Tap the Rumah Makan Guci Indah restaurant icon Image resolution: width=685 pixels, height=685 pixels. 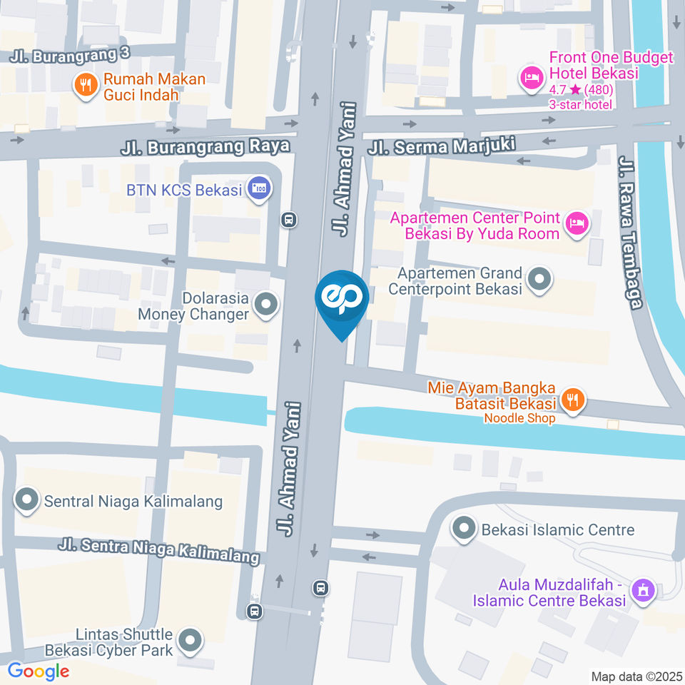coord(86,86)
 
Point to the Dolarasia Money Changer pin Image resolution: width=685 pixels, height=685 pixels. coord(266,305)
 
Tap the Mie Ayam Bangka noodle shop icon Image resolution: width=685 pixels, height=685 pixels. coord(572,400)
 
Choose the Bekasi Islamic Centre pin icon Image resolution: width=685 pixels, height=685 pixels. coord(464,529)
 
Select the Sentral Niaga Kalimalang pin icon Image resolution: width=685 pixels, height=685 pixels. coord(27,501)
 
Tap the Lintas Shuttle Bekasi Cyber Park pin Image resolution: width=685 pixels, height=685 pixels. coord(190,641)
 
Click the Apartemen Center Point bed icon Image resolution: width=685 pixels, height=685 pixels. coord(576,225)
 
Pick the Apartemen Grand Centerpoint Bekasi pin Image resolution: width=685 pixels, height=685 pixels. coord(539,280)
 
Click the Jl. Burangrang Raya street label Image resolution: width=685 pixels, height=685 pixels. coord(205,147)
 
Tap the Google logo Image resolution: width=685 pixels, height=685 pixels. coord(38,671)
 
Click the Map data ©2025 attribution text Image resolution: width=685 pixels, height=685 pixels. coord(636,676)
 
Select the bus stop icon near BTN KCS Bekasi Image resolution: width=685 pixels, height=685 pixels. coord(289,219)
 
